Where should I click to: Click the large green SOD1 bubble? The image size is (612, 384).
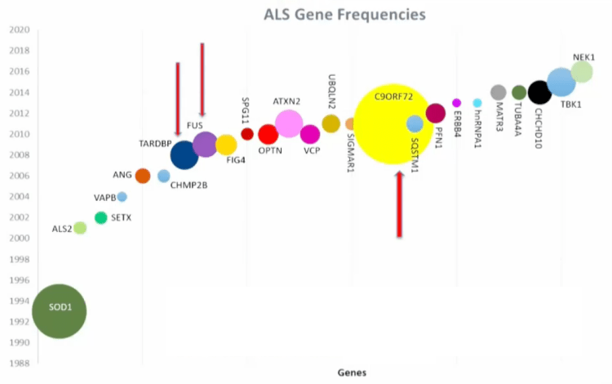coord(59,310)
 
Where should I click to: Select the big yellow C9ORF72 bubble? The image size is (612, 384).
coord(394,124)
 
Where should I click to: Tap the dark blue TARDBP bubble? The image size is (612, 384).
coord(184,154)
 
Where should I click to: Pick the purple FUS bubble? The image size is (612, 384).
coord(204,145)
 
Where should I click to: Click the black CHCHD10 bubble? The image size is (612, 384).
coord(539,92)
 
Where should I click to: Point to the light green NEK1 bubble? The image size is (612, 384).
coord(582,72)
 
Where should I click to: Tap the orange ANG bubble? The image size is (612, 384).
coord(142,176)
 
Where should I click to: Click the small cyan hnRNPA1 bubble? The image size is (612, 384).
coord(477,103)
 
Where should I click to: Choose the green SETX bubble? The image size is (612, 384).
coord(101,217)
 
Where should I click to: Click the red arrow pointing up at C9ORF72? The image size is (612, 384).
coord(400,204)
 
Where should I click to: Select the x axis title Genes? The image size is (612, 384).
coord(352,373)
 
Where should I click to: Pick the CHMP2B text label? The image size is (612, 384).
coord(189,185)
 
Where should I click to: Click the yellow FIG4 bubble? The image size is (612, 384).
coord(226,145)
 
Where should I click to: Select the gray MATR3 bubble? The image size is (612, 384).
coord(499,92)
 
